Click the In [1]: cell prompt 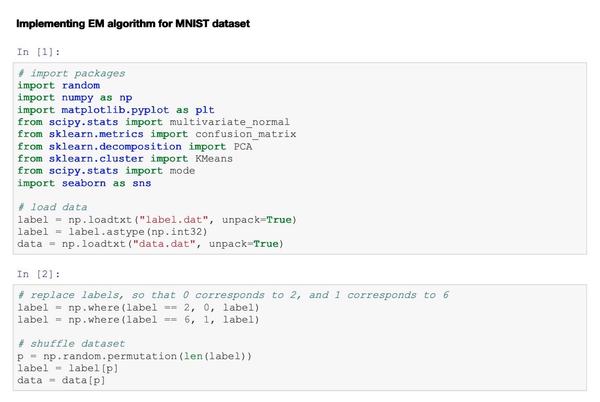point(39,52)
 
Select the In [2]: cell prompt point(39,274)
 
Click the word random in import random point(81,85)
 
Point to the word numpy point(77,98)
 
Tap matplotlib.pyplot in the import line point(115,110)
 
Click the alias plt point(205,110)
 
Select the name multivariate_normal point(230,122)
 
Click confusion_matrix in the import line point(245,134)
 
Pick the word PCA point(243,146)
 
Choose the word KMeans point(214,158)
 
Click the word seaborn point(84,183)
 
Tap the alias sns point(142,183)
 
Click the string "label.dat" point(173,220)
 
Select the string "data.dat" point(164,244)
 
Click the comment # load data point(52,208)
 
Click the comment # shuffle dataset point(71,344)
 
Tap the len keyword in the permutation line point(193,356)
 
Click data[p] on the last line point(84,381)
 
